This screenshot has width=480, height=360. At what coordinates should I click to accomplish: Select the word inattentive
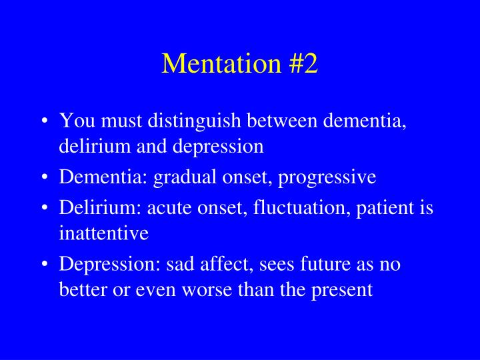pos(103,233)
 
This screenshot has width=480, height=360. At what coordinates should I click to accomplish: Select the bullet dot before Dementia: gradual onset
pos(44,178)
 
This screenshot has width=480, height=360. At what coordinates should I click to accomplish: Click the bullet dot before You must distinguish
pos(44,122)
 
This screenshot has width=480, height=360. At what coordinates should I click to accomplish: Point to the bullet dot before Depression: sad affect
pos(44,265)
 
